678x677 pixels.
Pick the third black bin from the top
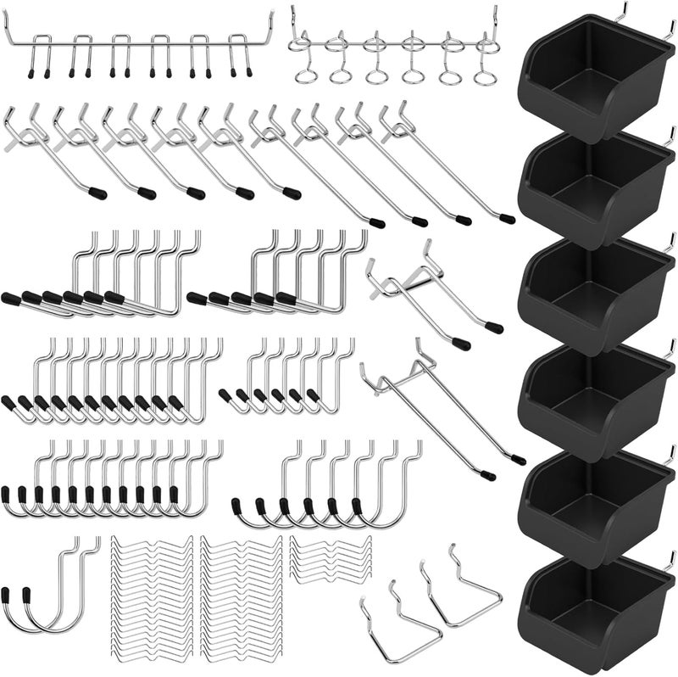[x=593, y=293]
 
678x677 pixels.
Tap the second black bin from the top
[x=593, y=187]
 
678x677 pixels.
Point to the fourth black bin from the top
[x=593, y=399]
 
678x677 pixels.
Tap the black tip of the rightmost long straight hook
[x=507, y=219]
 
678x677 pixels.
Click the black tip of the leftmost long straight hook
[x=99, y=193]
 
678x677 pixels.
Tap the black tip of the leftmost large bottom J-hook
[x=8, y=596]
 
